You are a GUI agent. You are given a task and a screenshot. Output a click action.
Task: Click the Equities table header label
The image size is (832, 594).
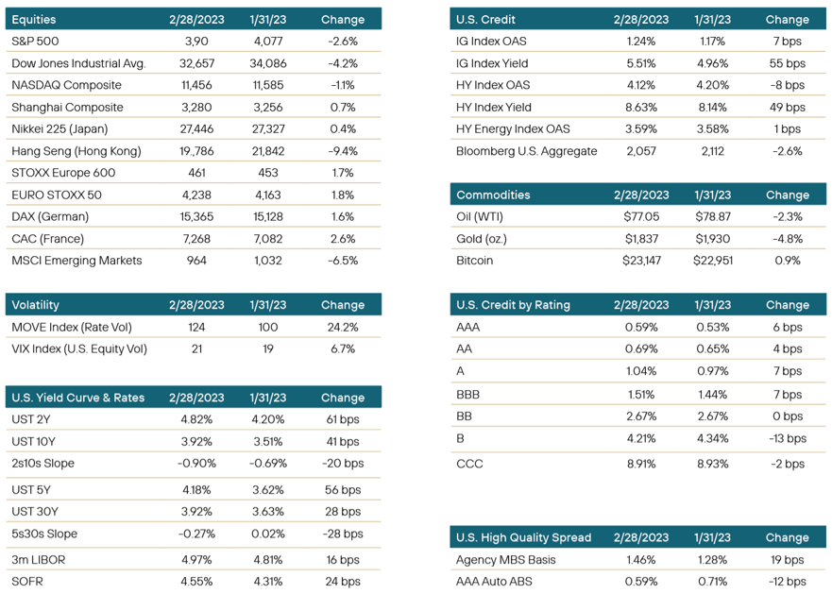point(34,19)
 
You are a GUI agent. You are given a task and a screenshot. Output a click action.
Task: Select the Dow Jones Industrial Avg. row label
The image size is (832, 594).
point(78,63)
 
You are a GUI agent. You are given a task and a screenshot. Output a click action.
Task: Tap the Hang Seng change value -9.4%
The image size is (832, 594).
point(337,151)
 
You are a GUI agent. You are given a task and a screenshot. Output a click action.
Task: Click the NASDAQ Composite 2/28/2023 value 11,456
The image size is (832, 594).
point(196,85)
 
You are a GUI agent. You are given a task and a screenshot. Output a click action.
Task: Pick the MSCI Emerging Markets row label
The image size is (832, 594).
point(76,260)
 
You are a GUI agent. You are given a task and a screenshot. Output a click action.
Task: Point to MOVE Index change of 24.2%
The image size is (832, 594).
point(337,327)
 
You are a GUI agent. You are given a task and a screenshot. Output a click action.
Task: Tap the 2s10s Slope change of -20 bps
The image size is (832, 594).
point(341,464)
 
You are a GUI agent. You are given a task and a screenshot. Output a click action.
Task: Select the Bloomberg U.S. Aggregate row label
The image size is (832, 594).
point(526,151)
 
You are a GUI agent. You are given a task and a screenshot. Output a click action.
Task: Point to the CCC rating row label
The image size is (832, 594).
point(470,463)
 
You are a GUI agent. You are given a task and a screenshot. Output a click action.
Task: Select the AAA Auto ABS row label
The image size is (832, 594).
point(500,581)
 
